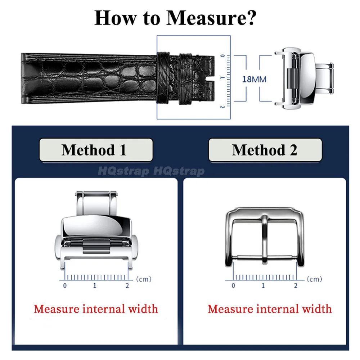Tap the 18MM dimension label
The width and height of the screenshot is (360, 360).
tap(254, 80)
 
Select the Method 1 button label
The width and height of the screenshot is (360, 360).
tap(94, 150)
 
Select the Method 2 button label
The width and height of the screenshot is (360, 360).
tap(265, 150)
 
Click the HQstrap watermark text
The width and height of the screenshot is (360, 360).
tap(151, 171)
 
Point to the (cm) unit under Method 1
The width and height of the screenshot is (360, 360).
tap(144, 279)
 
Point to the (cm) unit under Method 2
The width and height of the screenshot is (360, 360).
tap(315, 279)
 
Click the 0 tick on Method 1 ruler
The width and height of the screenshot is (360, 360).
tap(65, 285)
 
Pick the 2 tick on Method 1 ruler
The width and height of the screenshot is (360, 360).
tap(127, 285)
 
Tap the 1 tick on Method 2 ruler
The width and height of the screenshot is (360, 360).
tap(263, 285)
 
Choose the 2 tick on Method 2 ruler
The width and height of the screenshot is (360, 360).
tap(296, 285)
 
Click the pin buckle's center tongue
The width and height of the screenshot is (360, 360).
tap(265, 239)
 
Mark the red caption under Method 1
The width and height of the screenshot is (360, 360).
tap(96, 309)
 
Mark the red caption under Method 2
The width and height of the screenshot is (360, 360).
tap(270, 309)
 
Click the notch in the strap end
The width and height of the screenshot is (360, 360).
tap(210, 79)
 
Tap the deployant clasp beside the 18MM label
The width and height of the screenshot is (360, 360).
tap(304, 78)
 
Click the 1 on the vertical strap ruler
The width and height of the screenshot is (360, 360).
tap(222, 78)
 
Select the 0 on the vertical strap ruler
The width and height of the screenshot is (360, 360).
tap(222, 55)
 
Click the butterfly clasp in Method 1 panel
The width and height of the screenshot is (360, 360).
tap(96, 230)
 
